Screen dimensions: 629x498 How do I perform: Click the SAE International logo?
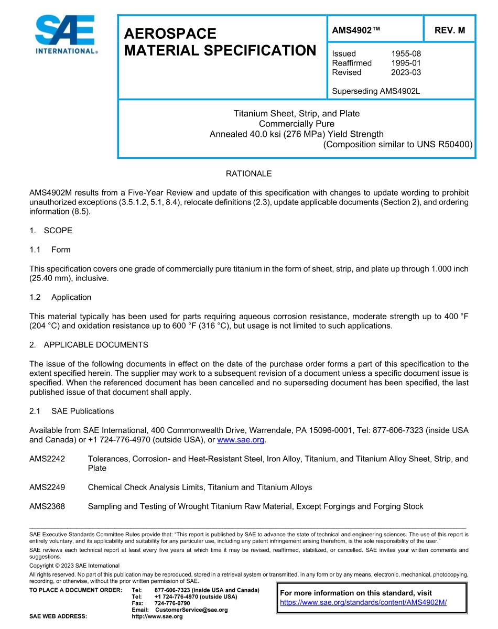coord(65,35)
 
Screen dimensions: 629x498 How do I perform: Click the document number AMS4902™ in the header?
coord(355,30)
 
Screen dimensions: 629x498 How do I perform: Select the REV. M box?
coord(449,30)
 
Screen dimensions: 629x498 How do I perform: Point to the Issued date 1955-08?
coord(406,53)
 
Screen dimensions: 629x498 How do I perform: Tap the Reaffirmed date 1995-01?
coord(406,63)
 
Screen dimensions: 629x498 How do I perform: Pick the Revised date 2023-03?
coord(406,72)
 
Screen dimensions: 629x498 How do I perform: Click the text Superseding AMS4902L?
coord(376,91)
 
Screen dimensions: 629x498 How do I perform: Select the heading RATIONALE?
coord(248,173)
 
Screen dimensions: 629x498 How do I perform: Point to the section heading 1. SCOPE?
coord(51,231)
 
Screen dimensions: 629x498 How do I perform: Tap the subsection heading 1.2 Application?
coord(60,297)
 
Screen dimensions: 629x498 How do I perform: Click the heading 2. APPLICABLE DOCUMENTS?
coord(89,345)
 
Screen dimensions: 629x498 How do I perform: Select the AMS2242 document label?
coord(47,459)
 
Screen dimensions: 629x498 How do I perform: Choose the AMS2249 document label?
coord(47,487)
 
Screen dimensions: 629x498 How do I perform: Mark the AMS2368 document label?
coord(47,506)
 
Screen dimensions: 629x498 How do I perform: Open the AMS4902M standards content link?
coord(363,602)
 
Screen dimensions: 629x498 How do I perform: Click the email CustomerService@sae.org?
coord(191,610)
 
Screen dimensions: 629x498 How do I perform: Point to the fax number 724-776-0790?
coord(172,603)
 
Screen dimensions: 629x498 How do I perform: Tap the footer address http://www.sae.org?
coord(157,616)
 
